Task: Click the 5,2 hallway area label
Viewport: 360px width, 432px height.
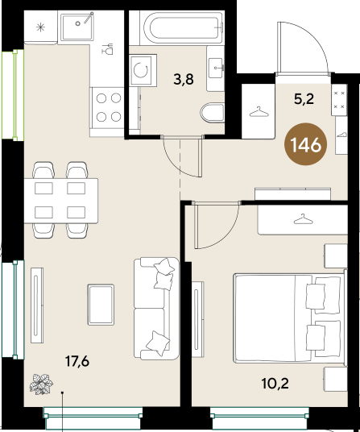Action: point(303,100)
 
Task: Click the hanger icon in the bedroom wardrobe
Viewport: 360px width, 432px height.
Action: point(302,219)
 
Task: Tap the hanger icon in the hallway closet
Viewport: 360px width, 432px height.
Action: point(259,112)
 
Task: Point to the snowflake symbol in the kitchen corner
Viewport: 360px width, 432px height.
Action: point(41,26)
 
